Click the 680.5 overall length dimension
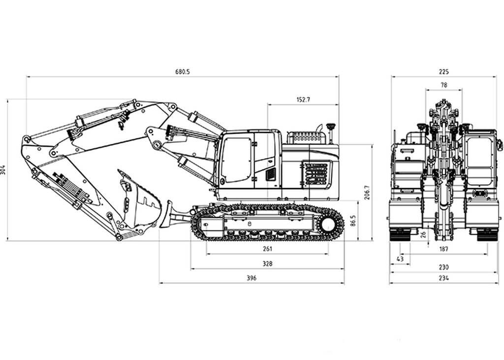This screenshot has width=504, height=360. (182, 72)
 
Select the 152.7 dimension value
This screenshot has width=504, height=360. (303, 99)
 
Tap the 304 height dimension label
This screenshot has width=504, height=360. (4, 170)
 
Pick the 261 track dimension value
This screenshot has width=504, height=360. (267, 249)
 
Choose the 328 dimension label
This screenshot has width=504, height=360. (267, 264)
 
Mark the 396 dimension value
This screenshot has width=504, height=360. (252, 278)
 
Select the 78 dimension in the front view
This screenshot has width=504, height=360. (443, 85)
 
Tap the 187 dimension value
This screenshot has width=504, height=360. (443, 249)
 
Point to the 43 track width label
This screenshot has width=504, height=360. (400, 259)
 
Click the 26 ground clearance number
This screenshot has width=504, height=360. (424, 235)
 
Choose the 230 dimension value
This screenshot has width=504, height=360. (443, 267)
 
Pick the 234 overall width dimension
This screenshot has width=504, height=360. (443, 278)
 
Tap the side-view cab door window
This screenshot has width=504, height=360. (236, 159)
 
